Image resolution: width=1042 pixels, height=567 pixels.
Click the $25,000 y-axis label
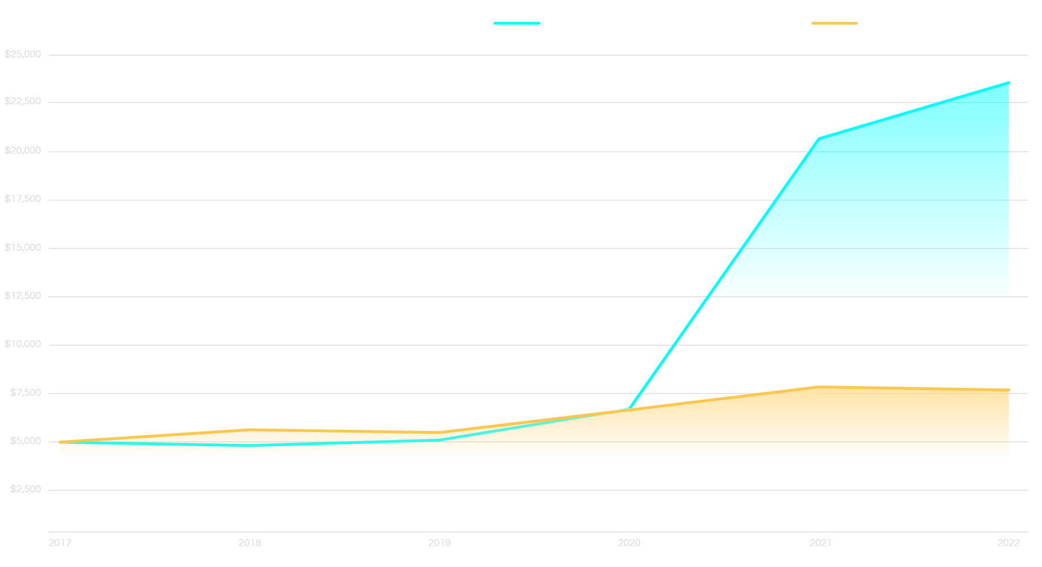pos(23,54)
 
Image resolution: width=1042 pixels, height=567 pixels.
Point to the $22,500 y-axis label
pos(23,101)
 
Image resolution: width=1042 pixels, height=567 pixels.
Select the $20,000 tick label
pos(23,151)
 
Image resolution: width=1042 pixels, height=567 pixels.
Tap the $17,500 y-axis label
pos(23,199)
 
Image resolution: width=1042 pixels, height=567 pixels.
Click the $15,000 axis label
pos(23,248)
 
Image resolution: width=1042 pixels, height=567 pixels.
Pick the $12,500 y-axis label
pos(23,296)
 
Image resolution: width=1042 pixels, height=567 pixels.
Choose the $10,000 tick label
pos(23,344)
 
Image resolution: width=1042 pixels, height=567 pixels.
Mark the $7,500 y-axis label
pos(26,393)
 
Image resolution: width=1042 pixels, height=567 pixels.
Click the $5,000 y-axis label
pos(26,441)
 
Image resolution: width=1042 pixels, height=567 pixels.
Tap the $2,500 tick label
pos(26,489)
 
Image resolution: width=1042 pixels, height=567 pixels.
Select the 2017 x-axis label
pos(60,543)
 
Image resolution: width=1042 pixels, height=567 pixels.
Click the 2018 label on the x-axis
pos(249,543)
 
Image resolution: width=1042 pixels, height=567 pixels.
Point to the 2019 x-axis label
pos(439,543)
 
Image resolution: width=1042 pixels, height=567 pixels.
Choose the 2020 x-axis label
pos(629,543)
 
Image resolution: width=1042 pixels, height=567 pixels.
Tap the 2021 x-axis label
pos(820,543)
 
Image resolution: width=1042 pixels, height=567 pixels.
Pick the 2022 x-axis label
pos(1009,543)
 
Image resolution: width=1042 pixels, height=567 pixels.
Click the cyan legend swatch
pos(516,23)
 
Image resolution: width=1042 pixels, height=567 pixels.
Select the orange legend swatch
pos(835,23)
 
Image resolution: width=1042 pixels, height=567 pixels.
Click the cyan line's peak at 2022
pos(1009,82)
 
